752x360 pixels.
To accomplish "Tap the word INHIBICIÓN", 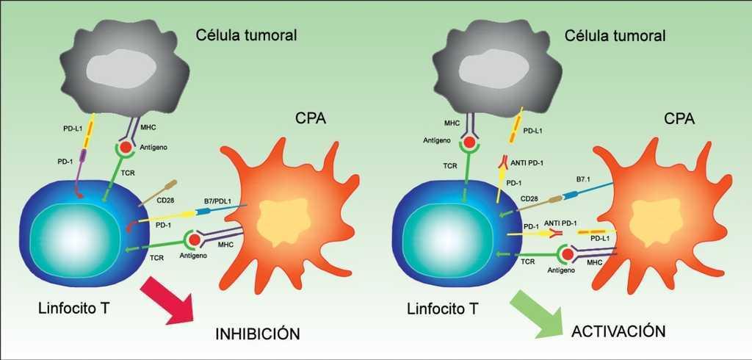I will pos(258,334).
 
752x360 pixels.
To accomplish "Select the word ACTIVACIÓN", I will pos(618,331).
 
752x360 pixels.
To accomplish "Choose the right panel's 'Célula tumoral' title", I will pos(615,35).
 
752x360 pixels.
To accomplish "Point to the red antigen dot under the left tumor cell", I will pos(126,148).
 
